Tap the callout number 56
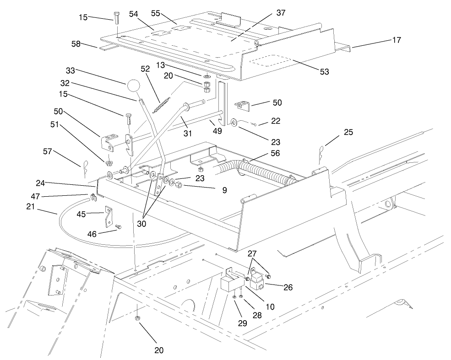(275, 153)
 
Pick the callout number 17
(396, 40)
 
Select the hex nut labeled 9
(179, 186)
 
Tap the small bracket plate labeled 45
(108, 216)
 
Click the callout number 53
(325, 72)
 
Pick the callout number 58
(76, 43)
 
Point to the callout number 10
(270, 306)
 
